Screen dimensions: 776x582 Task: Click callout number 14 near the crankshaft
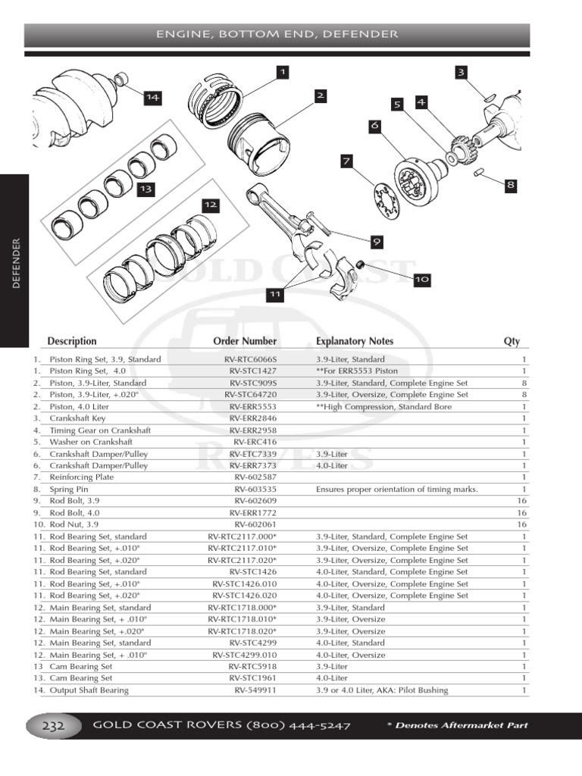point(153,97)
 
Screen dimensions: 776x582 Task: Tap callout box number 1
point(283,72)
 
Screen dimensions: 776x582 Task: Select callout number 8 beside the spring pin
point(510,184)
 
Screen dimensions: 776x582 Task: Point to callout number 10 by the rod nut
point(422,280)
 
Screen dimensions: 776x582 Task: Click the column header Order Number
point(245,341)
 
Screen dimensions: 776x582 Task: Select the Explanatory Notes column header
point(355,341)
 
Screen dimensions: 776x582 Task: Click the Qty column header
point(512,341)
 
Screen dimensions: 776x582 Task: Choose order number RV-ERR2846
point(253,418)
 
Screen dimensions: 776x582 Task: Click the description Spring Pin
point(69,490)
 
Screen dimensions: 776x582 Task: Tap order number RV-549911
point(255,690)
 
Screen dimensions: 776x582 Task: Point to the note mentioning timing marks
point(396,490)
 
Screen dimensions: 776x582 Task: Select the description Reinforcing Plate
point(81,477)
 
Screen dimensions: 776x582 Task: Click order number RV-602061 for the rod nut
point(255,524)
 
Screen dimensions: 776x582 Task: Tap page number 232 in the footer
point(52,726)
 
